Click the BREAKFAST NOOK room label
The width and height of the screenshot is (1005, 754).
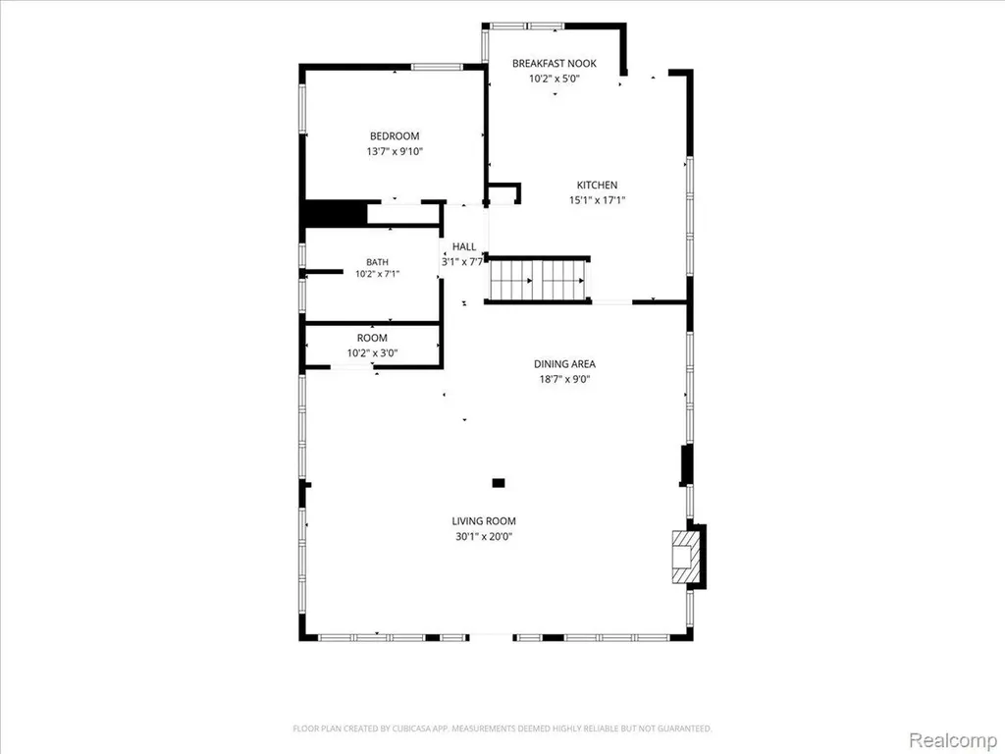[555, 63]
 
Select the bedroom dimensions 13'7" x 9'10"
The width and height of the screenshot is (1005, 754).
[395, 152]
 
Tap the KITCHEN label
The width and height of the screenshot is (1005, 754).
[598, 185]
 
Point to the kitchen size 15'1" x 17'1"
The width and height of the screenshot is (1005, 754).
[598, 200]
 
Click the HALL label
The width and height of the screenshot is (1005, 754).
[464, 246]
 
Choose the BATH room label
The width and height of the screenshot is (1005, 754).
[378, 261]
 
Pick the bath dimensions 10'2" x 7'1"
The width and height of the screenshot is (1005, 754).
[378, 274]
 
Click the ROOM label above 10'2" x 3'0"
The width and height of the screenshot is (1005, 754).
[372, 338]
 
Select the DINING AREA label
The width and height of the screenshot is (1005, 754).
[564, 363]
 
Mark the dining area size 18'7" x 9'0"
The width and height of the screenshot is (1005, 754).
[564, 379]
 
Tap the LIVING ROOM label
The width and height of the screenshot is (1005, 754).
[484, 521]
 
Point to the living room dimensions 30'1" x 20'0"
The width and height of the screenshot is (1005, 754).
[484, 537]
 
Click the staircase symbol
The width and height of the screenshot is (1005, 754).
[537, 280]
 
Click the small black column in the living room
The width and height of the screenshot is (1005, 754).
[499, 483]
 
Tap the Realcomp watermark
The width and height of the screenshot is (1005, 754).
[952, 739]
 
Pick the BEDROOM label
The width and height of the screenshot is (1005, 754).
[395, 135]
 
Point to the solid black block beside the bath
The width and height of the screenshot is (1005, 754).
[335, 213]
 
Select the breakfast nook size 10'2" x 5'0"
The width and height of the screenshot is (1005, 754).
[555, 79]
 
